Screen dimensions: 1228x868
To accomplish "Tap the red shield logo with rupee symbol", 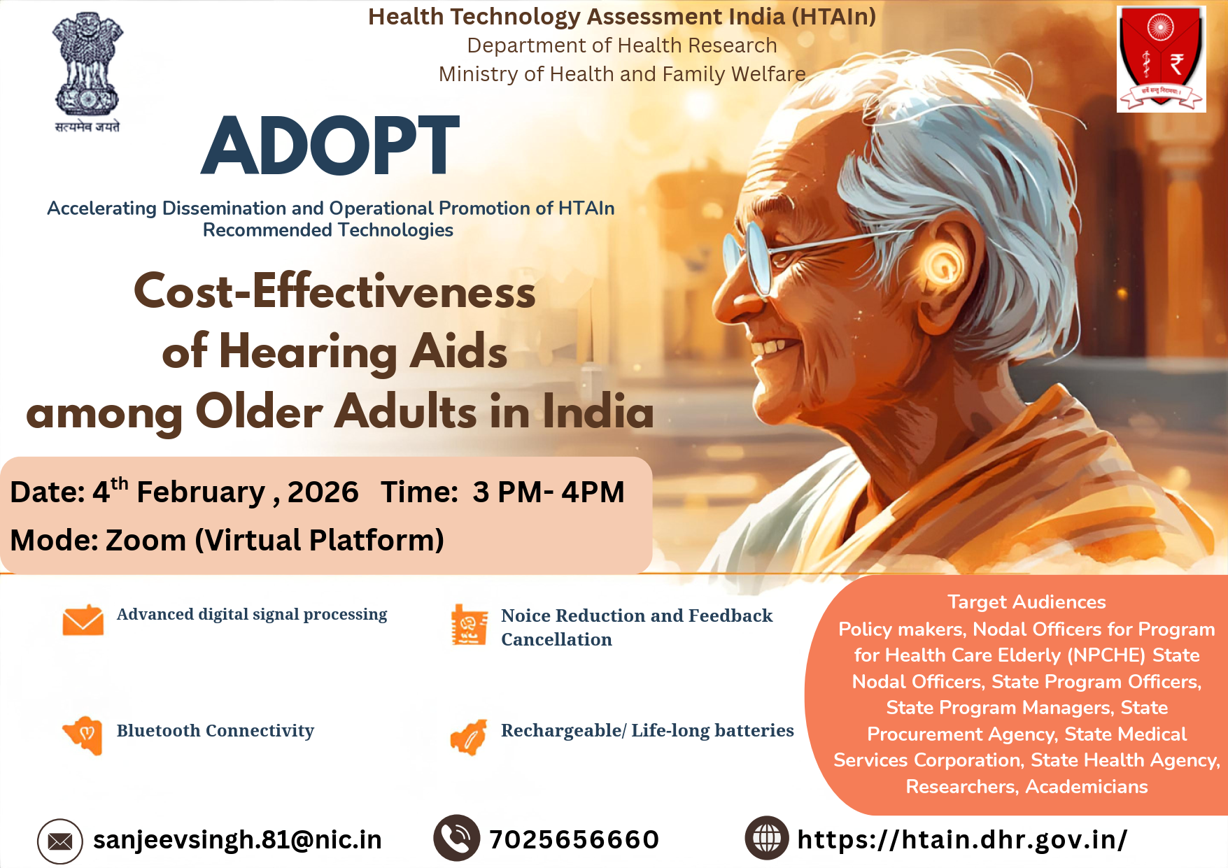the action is click(1161, 59).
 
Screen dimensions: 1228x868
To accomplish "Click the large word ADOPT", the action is click(330, 145).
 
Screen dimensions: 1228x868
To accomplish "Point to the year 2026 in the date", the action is click(323, 492).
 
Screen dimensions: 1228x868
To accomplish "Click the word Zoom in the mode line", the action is click(146, 540).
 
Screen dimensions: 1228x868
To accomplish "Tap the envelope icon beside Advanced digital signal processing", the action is click(83, 620).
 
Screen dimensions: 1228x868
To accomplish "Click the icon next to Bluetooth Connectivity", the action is click(83, 735).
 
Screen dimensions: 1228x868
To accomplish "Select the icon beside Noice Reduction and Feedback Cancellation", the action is click(470, 624).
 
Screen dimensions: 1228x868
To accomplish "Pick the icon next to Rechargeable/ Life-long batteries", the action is click(469, 737).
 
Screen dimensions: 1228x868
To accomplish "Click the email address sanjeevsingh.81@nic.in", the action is click(237, 839).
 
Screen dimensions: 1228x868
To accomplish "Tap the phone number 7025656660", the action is click(574, 839).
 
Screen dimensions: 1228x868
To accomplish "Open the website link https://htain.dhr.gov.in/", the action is click(962, 839).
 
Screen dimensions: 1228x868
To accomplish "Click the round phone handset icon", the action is click(456, 838).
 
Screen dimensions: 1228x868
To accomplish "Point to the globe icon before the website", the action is click(767, 838).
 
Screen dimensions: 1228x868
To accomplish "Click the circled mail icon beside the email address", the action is click(60, 841).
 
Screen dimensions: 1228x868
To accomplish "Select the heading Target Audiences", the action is click(1026, 602).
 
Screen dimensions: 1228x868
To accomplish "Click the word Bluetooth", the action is click(158, 730).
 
